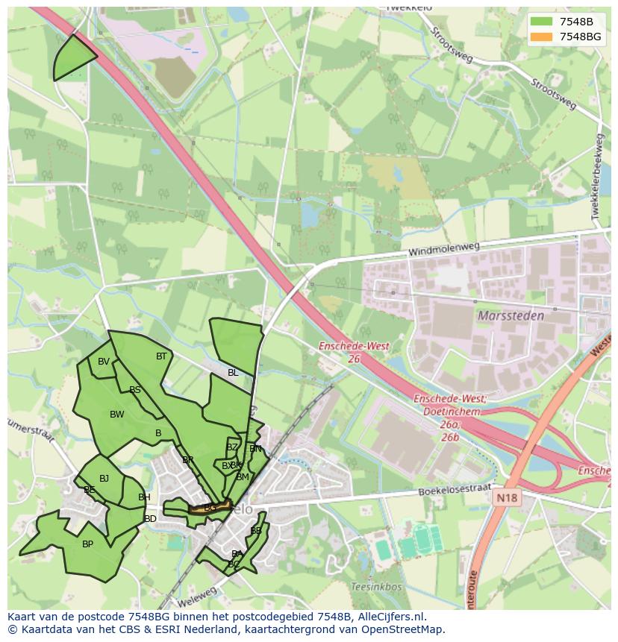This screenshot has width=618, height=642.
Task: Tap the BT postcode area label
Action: (x=161, y=356)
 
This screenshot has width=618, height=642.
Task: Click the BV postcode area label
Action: (x=104, y=362)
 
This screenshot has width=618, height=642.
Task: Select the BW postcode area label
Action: (x=117, y=415)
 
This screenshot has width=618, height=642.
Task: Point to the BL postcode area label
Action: (x=233, y=373)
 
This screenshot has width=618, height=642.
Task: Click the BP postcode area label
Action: (x=87, y=544)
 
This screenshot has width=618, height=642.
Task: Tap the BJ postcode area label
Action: (x=104, y=479)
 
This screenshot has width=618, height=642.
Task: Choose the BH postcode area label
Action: (x=144, y=497)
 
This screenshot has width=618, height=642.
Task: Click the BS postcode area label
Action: (x=135, y=390)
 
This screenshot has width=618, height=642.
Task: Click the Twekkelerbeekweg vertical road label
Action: (x=597, y=176)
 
